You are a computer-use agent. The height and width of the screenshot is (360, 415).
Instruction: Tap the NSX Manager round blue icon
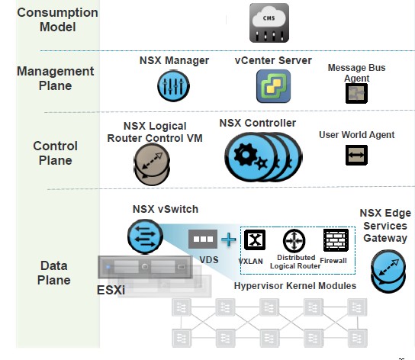coord(173,87)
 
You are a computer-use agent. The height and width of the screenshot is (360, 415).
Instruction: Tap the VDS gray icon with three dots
coord(203,239)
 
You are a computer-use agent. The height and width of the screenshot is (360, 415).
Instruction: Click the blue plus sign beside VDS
coord(229,240)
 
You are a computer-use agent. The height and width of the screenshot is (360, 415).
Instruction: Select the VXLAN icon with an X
coord(253,240)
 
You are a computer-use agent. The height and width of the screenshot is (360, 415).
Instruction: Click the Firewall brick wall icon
coord(336,239)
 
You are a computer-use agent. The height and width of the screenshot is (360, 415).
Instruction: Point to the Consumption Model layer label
coord(57,21)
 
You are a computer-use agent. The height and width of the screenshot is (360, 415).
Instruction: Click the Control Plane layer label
coord(55,153)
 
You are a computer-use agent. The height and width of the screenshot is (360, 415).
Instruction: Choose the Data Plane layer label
coord(55,273)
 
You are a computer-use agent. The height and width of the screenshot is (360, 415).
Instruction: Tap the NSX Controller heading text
coord(258,123)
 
